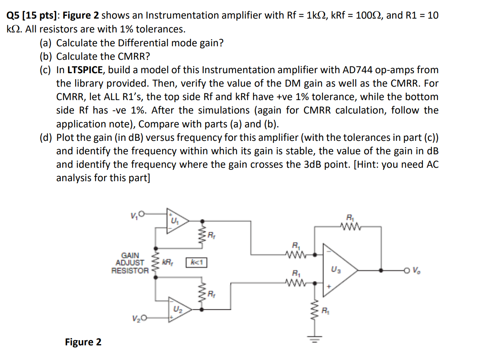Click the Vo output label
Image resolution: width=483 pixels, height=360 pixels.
(x=417, y=271)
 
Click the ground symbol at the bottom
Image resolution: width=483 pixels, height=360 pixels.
(x=315, y=339)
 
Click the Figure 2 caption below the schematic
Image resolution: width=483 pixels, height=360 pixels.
(x=83, y=342)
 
